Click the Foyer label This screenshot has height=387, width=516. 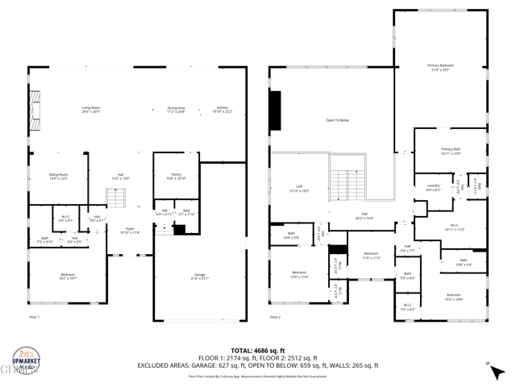[131, 230]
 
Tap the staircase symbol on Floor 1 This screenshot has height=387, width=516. [118, 198]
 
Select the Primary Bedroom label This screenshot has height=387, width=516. [439, 67]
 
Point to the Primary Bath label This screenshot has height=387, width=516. [451, 151]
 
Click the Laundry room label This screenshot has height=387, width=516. [433, 188]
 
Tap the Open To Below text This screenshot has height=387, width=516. [337, 120]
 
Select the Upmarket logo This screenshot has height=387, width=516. [26, 360]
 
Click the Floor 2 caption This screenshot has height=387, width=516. [276, 317]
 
